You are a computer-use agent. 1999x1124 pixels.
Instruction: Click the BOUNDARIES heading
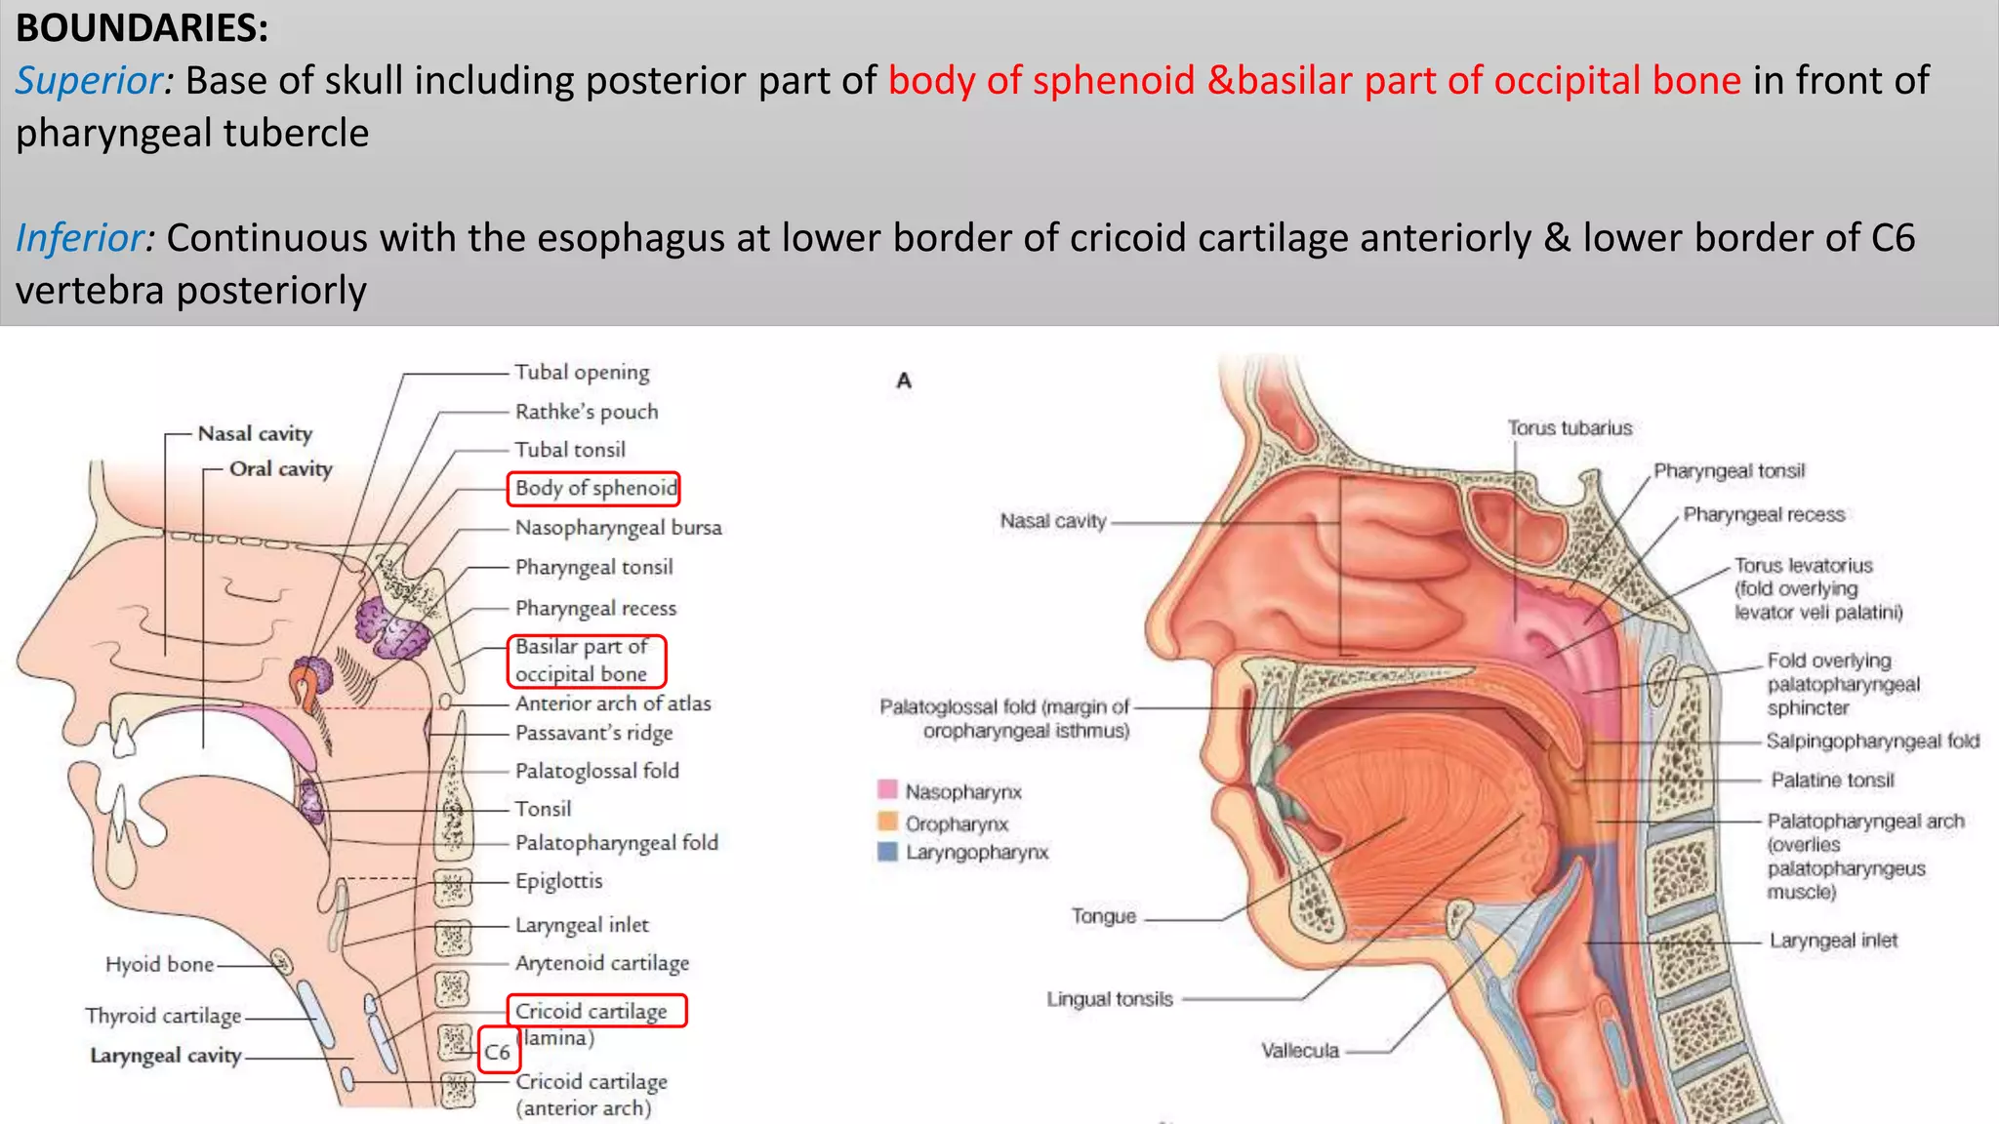143,28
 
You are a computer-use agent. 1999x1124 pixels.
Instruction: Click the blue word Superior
94,80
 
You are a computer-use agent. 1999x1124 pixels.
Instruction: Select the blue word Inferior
85,238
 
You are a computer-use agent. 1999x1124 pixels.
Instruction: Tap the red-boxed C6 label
498,1052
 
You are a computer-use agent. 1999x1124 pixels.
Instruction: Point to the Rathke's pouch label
587,412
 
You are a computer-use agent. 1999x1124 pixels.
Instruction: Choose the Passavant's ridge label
593,733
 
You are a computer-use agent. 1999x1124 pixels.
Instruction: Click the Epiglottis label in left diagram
558,881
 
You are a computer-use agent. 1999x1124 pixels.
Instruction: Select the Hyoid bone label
159,964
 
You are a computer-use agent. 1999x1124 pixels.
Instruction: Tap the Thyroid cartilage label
163,1016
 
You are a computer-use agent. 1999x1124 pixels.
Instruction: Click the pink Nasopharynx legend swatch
887,789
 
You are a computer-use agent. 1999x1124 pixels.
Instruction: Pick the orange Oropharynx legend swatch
887,822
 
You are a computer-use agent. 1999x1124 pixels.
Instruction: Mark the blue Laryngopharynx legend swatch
887,852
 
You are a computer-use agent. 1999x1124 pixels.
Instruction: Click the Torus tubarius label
1570,427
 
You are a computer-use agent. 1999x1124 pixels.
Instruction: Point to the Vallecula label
1300,1051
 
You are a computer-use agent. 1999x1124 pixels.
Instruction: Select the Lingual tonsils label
1110,999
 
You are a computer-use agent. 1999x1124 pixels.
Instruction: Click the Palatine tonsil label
1832,781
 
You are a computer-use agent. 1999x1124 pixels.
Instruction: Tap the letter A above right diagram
904,381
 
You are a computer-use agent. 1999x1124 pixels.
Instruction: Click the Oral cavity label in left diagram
281,469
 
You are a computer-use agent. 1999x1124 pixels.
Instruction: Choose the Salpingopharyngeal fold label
1873,741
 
